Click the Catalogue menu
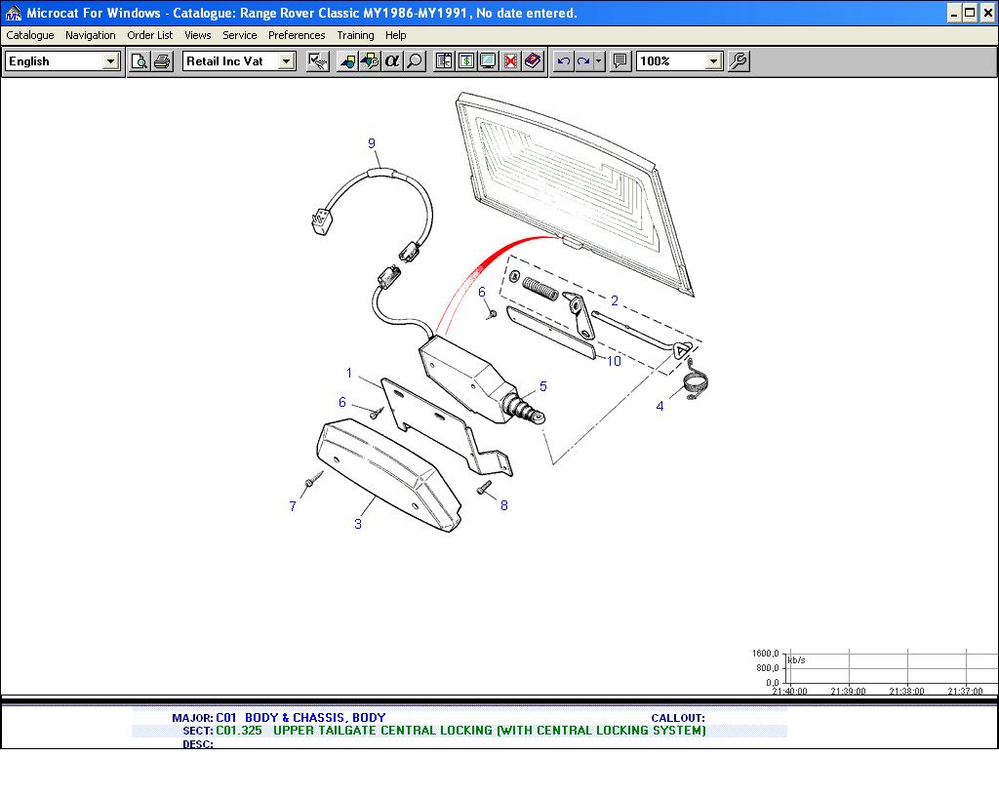pos(30,35)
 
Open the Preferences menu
pos(297,35)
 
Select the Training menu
pos(355,35)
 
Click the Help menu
pos(396,35)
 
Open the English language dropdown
pos(62,61)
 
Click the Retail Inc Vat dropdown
pos(239,61)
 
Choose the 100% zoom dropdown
pos(679,61)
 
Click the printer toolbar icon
pos(163,61)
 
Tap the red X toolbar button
pos(510,61)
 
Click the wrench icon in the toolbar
pos(739,61)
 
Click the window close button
pos(987,13)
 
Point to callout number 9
pos(372,144)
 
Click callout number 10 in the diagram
pos(614,361)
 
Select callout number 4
pos(660,406)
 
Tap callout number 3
pos(358,524)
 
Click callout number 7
pos(293,506)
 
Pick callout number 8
pos(504,505)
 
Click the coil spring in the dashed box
pos(540,289)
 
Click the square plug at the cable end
pos(322,222)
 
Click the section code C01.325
pos(239,731)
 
